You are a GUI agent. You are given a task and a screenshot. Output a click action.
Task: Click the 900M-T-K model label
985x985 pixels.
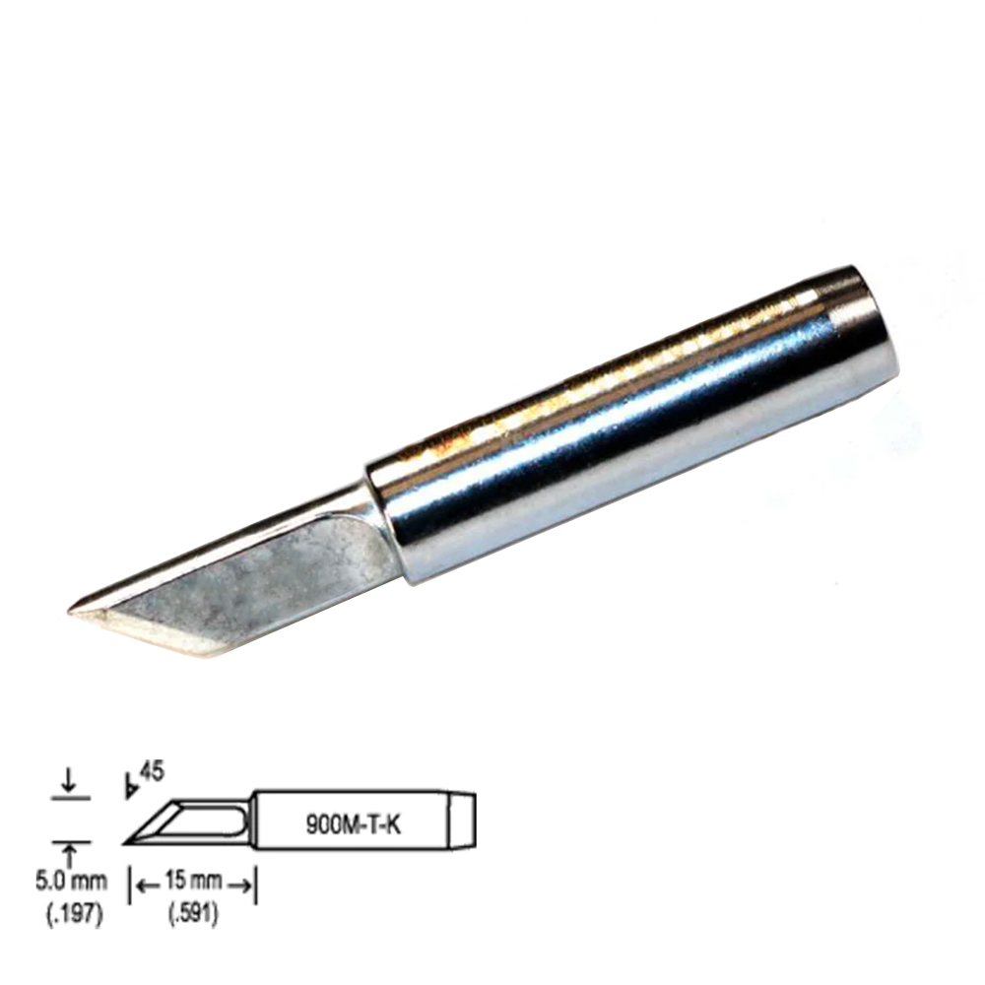(353, 823)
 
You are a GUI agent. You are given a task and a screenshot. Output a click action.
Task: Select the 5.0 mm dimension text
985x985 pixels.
(71, 882)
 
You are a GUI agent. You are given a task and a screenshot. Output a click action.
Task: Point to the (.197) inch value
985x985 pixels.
(74, 915)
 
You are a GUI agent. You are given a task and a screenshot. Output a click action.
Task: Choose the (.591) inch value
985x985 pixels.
(193, 915)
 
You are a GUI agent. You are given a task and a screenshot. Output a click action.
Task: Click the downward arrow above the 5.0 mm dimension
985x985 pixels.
(70, 779)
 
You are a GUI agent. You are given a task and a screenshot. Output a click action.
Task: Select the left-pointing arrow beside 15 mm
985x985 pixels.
(148, 886)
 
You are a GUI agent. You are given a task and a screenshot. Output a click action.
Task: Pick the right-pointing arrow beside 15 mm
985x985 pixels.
(240, 886)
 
